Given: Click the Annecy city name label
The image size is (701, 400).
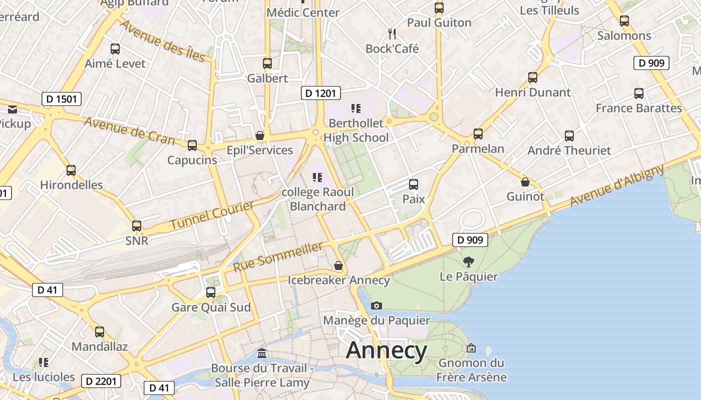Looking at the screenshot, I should click(x=386, y=350).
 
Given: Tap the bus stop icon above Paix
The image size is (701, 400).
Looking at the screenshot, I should click(x=414, y=184).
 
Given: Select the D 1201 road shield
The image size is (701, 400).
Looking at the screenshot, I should click(x=321, y=93).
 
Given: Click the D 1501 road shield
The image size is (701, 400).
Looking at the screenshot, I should click(x=61, y=99).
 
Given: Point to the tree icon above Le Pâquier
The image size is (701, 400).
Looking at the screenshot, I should click(x=469, y=261).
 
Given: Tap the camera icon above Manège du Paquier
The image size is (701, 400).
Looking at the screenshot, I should click(x=377, y=305).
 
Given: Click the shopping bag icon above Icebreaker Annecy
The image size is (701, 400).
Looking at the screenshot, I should click(x=338, y=265).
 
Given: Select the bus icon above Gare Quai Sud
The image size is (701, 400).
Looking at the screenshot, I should click(x=211, y=292).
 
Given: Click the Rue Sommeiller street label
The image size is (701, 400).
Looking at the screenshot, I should click(x=278, y=257).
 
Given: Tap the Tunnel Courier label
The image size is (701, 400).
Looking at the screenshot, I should click(x=212, y=215).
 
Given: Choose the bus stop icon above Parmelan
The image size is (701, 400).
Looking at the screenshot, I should click(x=478, y=134).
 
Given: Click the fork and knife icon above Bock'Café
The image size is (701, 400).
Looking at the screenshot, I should click(x=392, y=34).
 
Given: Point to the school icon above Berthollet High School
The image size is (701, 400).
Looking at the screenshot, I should click(x=356, y=108).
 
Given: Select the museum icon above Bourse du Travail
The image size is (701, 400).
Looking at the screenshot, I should click(x=261, y=354).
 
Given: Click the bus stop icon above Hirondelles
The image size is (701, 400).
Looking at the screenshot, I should click(x=71, y=170).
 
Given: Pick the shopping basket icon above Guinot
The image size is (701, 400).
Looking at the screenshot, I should click(x=525, y=182).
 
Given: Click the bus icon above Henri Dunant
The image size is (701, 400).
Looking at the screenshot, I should click(x=533, y=77).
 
